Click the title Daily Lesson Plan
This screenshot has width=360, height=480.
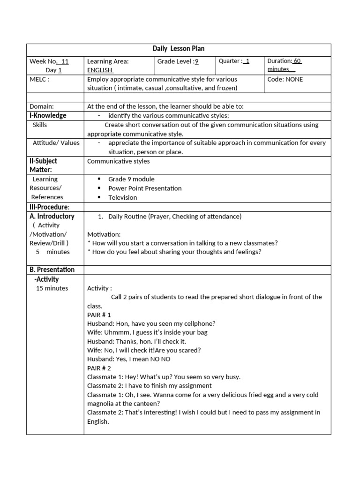179,49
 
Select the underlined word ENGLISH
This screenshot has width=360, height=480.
100,70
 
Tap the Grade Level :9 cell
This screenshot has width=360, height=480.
178,61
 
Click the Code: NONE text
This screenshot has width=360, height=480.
285,80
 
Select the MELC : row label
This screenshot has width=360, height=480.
39,80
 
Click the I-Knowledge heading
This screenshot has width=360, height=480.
48,116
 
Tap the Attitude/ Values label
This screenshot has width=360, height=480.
56,143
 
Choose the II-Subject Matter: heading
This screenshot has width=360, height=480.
43,165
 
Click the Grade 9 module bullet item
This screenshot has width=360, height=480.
131,179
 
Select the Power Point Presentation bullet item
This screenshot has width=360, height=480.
145,188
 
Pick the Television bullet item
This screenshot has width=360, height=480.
123,198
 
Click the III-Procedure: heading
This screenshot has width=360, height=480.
49,207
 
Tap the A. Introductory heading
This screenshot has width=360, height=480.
52,217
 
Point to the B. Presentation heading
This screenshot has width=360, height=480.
52,270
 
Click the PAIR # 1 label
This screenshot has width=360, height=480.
99,315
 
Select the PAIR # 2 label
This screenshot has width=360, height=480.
99,368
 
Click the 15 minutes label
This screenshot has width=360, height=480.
52,288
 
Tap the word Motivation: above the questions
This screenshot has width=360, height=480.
104,234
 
